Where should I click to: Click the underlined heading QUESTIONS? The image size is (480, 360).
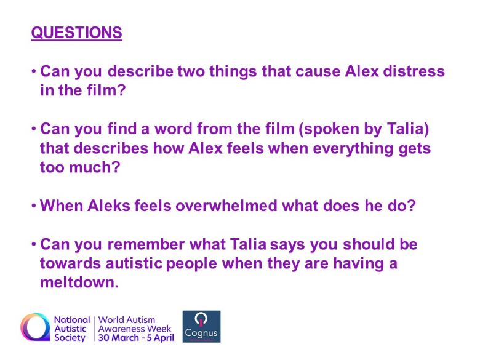(76, 33)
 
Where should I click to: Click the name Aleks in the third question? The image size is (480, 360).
(109, 206)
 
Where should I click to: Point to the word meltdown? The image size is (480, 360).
(79, 282)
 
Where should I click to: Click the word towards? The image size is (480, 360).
(70, 263)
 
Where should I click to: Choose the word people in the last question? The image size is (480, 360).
(191, 264)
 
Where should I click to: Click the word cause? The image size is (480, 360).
(318, 71)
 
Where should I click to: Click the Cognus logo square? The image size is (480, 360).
(201, 326)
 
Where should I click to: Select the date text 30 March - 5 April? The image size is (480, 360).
(136, 338)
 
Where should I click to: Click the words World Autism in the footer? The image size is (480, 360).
(127, 320)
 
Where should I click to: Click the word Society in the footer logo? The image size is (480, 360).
(70, 338)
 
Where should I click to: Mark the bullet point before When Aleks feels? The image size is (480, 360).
(34, 206)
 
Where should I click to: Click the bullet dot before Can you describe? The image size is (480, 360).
(34, 71)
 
